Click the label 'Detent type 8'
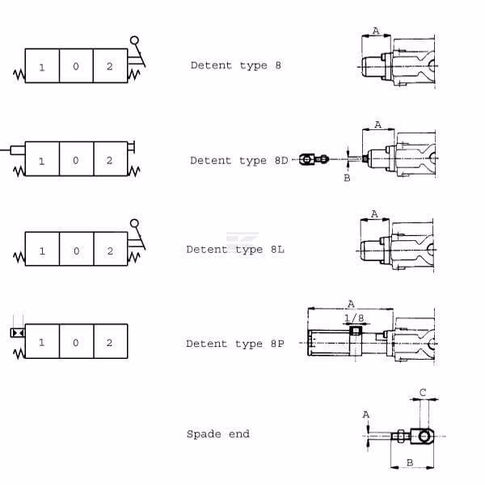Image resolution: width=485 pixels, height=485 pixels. tap(236, 65)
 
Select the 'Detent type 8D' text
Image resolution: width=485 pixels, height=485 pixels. tap(238, 161)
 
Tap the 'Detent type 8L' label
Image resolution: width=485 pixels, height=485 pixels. tap(235, 250)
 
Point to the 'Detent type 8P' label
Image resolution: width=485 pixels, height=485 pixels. tap(234, 344)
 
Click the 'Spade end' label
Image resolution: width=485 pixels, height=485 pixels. tap(218, 434)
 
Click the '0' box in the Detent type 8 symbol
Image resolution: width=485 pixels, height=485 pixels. tap(76, 65)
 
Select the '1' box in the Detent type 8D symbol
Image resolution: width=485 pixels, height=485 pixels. tap(42, 159)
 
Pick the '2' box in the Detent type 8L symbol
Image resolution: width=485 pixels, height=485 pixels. tap(111, 249)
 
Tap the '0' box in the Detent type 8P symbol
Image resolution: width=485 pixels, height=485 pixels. tap(77, 341)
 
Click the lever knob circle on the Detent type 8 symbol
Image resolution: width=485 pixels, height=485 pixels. tap(134, 40)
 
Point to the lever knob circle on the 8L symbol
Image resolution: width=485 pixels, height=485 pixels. tap(134, 223)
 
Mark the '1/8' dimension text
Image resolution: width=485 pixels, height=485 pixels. tap(354, 318)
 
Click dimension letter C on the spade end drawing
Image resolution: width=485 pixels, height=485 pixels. tap(423, 393)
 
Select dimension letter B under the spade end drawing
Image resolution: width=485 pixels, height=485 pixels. tap(410, 462)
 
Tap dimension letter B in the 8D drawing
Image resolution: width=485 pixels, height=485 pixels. tap(347, 178)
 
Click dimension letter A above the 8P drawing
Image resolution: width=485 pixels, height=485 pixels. tap(351, 304)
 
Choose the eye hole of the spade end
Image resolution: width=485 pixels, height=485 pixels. tap(424, 436)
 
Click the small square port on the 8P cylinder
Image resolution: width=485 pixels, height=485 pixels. tap(356, 331)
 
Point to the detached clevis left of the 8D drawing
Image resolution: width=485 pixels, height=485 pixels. tap(313, 159)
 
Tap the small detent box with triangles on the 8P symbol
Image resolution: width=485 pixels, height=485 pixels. tap(18, 332)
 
